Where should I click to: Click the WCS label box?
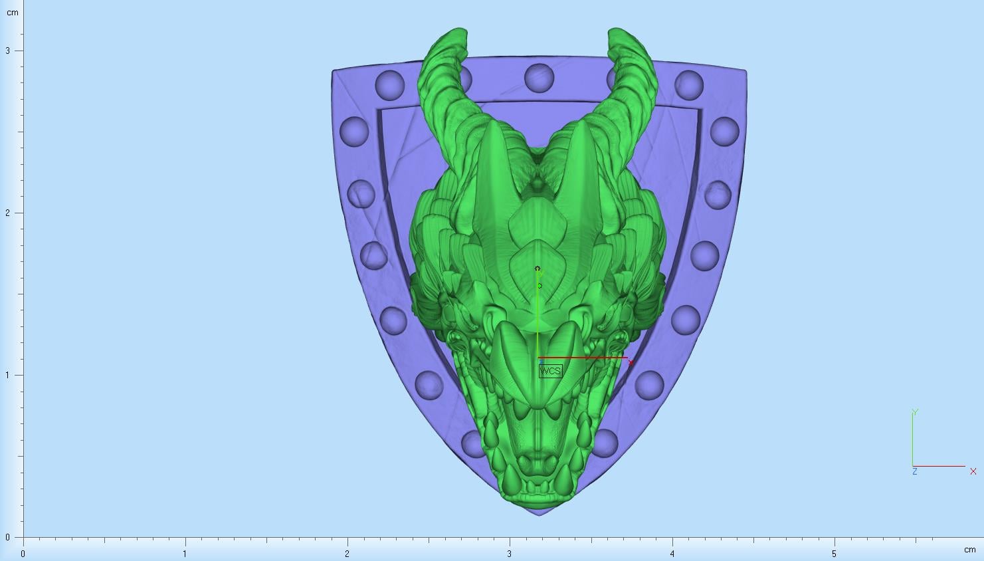tap(550, 371)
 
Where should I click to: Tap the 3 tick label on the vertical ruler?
tap(7, 51)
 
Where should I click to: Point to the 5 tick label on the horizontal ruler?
tap(834, 554)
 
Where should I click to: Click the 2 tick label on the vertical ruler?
tap(7, 213)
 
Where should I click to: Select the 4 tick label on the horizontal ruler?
tap(672, 554)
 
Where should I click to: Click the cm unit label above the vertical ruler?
tap(13, 13)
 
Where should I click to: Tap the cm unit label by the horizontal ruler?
tap(970, 550)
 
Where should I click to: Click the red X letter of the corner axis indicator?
tap(973, 471)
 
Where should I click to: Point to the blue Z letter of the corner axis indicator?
tap(915, 471)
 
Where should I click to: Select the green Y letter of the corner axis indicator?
tap(916, 412)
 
